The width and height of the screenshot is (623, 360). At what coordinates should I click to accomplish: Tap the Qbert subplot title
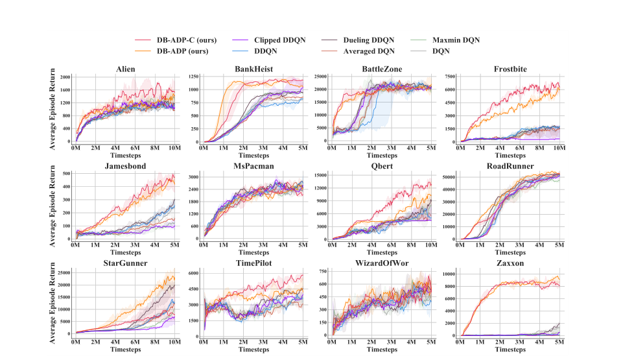[x=382, y=165]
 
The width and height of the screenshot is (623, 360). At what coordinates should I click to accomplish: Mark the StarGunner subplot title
[x=126, y=263]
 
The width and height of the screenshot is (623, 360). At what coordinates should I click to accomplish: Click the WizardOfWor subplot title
[x=382, y=263]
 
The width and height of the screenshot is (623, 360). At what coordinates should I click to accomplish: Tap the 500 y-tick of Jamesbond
[x=65, y=174]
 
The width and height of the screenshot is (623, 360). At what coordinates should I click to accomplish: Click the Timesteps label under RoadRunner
[x=510, y=253]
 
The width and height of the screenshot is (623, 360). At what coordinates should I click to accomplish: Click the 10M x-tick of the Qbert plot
[x=430, y=246]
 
